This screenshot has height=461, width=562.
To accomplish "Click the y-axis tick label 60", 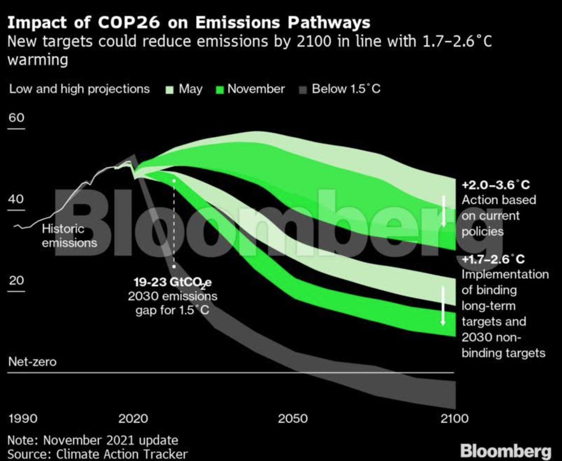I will coord(16,118).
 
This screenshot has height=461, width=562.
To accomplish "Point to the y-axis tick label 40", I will coord(16,199).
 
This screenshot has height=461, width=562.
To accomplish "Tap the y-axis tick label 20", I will coord(16,281).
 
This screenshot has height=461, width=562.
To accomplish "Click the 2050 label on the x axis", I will coord(293,418).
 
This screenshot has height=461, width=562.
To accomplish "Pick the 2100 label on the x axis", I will coord(454,418).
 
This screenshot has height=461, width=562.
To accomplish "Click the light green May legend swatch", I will coord(170,90).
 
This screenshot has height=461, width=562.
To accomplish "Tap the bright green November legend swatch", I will coord(220,90).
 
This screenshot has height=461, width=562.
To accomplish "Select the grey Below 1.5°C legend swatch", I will coord(303,90).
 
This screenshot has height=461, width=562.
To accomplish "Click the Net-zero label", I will coord(32,362).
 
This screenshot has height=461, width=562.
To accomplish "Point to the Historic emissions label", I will coord(69,235).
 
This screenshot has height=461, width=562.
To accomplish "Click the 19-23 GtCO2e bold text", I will coord(173,282).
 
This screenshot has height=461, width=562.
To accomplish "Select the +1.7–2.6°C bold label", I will coord(493,259).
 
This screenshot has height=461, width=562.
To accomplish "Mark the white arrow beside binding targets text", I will coord(443,306).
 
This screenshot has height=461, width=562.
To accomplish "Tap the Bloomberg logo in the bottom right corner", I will coord(505,451).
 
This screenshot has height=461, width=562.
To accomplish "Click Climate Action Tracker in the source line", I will coord(122,454).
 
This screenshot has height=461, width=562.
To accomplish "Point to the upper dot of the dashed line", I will coord(174,181).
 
